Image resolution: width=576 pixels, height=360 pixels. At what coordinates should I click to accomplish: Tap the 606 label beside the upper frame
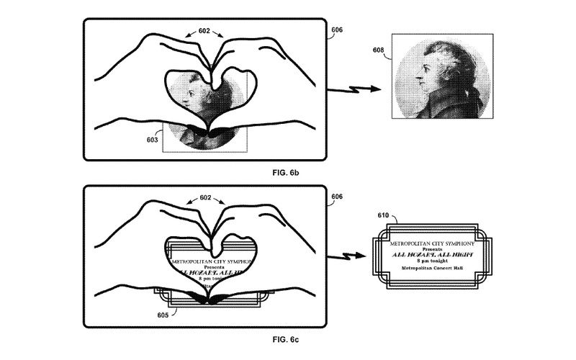click(337, 30)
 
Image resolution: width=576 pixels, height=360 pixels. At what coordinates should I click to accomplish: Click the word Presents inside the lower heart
click(208, 264)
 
